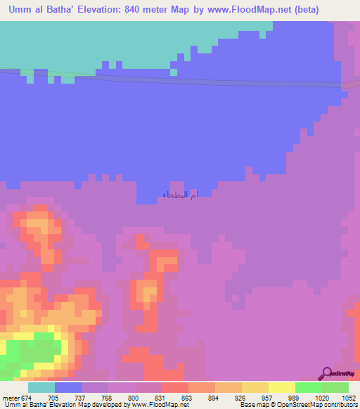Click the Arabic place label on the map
pyautogui.click(x=180, y=195)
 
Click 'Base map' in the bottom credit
pyautogui.click(x=253, y=405)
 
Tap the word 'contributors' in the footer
pyautogui.click(x=340, y=405)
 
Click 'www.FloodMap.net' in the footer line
pyautogui.click(x=158, y=405)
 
